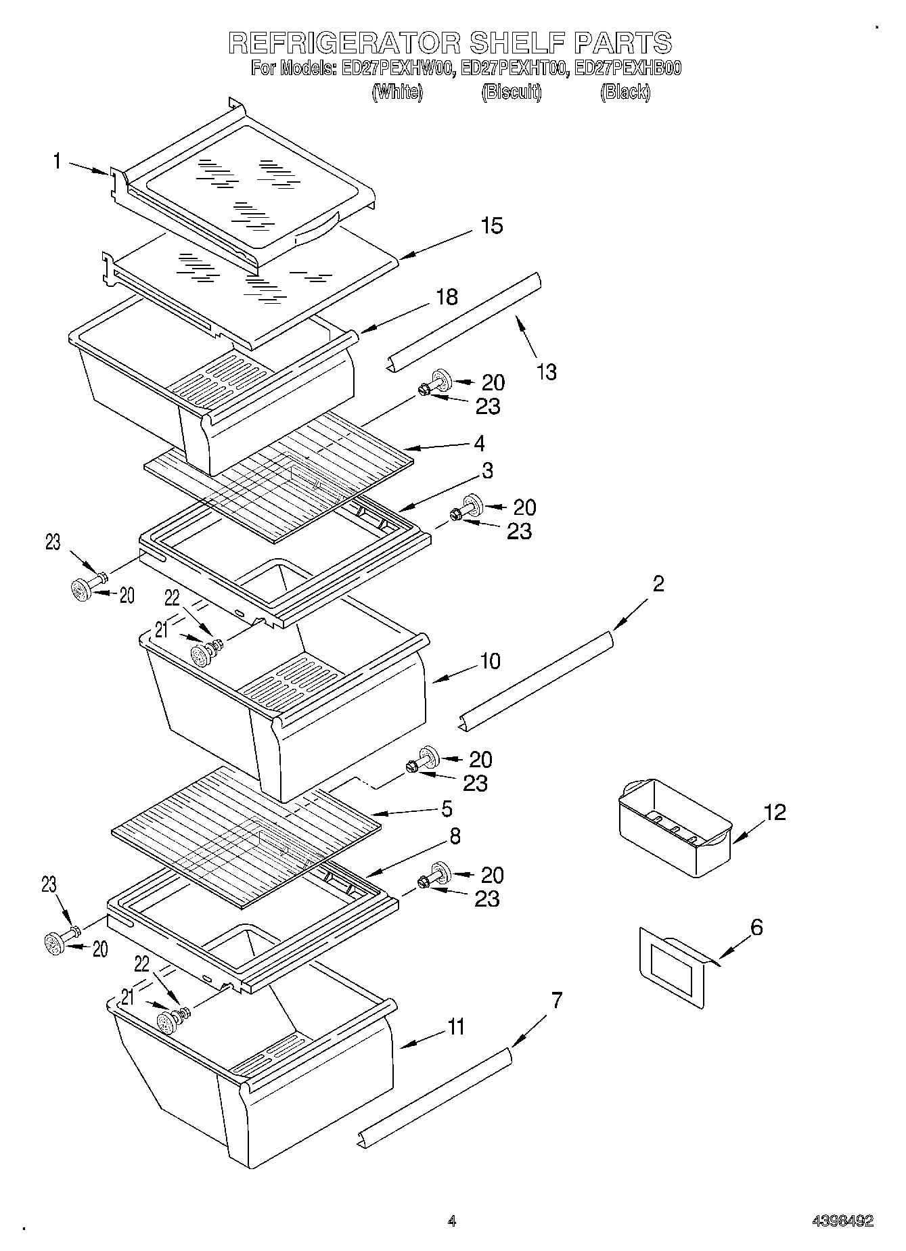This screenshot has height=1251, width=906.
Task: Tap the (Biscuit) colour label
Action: tap(511, 92)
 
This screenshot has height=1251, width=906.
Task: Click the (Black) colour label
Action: tap(625, 92)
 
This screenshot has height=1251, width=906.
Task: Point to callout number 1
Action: tap(58, 161)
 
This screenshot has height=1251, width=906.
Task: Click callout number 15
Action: tap(492, 225)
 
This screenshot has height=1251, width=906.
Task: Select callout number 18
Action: tap(447, 296)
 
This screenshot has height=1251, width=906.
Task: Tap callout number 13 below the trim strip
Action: tap(547, 371)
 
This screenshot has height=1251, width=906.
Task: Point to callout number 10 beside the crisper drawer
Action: tap(490, 660)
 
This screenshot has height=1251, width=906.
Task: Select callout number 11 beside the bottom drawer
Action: tap(456, 1027)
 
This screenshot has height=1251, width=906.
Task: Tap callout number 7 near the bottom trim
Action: tap(556, 999)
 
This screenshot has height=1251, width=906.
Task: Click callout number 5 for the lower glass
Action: tap(447, 809)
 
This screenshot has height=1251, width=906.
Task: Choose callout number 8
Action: tap(455, 836)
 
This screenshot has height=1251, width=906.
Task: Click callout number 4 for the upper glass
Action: tap(479, 443)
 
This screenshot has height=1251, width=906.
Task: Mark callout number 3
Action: tap(486, 470)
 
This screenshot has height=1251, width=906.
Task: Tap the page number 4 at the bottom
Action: tap(452, 1221)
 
